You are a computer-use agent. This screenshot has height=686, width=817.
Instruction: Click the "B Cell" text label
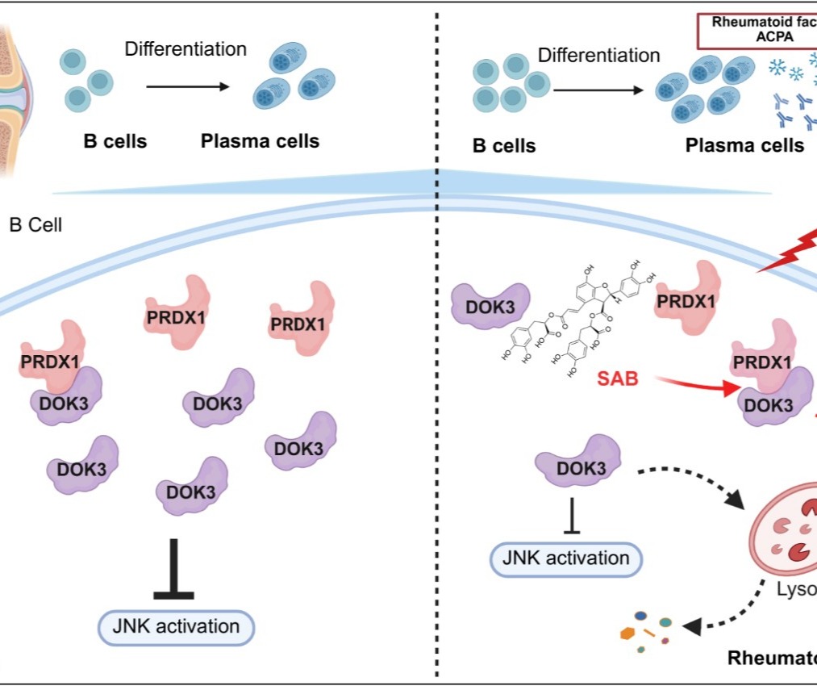(x=35, y=226)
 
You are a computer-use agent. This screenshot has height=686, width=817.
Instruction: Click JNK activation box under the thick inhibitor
(x=176, y=626)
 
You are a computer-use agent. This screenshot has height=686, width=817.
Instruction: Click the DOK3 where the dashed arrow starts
(x=580, y=466)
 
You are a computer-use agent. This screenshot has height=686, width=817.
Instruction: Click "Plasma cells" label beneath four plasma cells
(x=744, y=146)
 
